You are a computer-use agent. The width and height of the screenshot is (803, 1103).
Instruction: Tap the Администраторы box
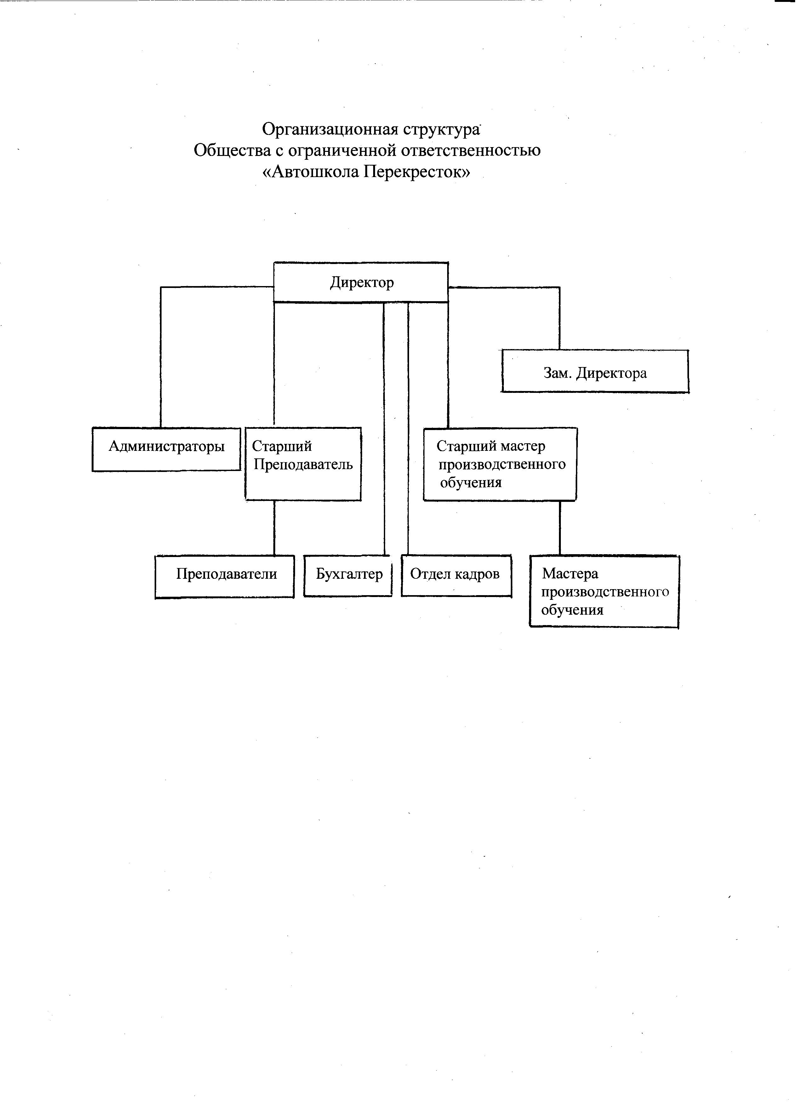point(166,449)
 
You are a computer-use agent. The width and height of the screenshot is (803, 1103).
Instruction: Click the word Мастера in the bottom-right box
point(570,574)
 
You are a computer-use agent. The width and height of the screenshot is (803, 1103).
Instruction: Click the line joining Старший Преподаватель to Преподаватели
point(274,528)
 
